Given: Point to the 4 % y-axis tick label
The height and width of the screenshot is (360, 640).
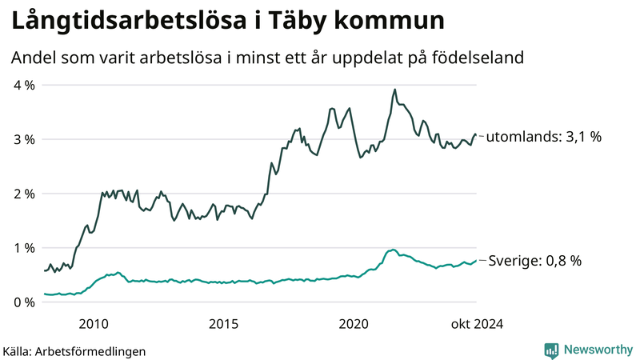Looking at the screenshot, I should point(23,85).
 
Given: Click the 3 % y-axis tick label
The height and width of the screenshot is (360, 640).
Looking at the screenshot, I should point(23,139).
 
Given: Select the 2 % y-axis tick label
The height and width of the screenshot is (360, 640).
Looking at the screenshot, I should point(23,194).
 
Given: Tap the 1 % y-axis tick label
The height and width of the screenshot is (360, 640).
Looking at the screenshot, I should point(23,248).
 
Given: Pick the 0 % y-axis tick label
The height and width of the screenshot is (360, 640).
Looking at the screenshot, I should point(23,302).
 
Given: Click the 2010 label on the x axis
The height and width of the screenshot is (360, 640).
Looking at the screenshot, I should point(94,323).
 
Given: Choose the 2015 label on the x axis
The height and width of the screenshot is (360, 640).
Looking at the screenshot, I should point(224,323).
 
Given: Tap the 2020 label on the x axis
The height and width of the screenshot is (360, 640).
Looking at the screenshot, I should point(354,323).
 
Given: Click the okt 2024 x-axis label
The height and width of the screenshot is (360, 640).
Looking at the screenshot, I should point(477,323).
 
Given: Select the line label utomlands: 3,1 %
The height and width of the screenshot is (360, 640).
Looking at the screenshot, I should point(544,137).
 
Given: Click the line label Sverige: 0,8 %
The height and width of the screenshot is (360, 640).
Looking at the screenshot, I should point(534,261).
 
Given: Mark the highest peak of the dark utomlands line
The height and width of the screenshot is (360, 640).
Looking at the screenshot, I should point(394,90).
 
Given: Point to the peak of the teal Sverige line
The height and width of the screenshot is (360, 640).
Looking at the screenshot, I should point(393,250).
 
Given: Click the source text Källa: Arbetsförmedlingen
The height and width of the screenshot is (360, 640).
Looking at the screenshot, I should point(75,350).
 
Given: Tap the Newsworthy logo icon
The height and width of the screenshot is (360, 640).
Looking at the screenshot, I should point(551,350).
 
